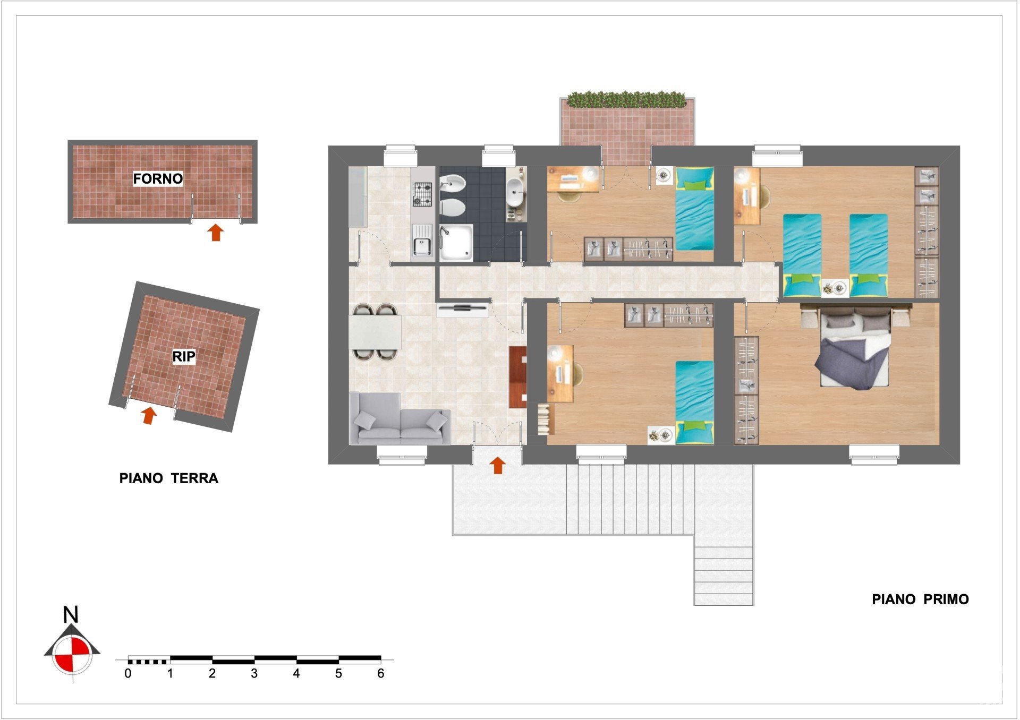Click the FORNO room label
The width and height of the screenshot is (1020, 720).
click(158, 178)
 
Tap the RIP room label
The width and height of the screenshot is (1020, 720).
click(184, 356)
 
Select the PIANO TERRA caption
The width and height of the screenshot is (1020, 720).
click(169, 478)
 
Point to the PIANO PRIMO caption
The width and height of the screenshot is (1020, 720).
click(920, 599)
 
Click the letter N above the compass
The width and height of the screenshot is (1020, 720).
click(71, 615)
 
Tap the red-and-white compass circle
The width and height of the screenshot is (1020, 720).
click(72, 655)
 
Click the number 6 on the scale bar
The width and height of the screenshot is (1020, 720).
click(380, 673)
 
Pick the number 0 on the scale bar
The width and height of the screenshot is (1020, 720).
click(128, 673)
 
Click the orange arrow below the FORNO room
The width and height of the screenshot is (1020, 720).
click(215, 232)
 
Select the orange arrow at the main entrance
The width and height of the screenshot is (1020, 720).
click(497, 465)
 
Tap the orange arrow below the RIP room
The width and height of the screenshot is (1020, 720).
click(150, 415)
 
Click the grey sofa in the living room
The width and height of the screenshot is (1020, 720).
click(399, 419)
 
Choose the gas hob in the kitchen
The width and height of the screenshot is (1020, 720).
click(423, 194)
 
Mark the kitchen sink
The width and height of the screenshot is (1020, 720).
click(422, 240)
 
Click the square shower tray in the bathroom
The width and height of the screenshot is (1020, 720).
click(456, 243)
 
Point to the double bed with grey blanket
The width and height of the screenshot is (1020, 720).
click(855, 348)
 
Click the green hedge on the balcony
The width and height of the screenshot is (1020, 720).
click(627, 99)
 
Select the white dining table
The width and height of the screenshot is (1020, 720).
click(375, 332)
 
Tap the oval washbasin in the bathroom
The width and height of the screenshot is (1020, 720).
click(514, 191)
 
